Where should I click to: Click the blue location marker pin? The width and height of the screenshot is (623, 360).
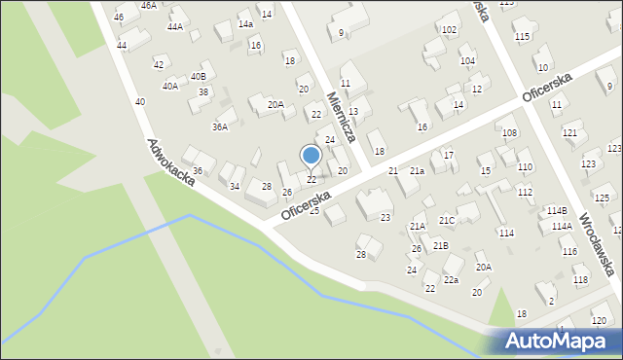pyautogui.click(x=311, y=156)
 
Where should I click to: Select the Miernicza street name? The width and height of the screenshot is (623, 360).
pyautogui.click(x=344, y=117)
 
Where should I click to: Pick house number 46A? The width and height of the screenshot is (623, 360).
pyautogui.click(x=148, y=5)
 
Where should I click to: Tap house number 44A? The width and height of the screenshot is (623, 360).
pyautogui.click(x=174, y=26)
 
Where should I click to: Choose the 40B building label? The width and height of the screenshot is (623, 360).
pyautogui.click(x=198, y=76)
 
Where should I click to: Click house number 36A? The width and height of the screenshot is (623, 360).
pyautogui.click(x=220, y=126)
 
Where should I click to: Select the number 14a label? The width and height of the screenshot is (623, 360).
pyautogui.click(x=245, y=24)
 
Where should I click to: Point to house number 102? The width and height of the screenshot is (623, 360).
pyautogui.click(x=448, y=30)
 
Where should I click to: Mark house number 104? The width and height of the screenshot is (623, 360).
pyautogui.click(x=467, y=61)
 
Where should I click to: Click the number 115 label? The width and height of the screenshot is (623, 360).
pyautogui.click(x=523, y=37)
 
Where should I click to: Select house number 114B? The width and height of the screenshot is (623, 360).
pyautogui.click(x=556, y=210)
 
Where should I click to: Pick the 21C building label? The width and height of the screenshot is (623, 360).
pyautogui.click(x=446, y=221)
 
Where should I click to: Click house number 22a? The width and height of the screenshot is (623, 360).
pyautogui.click(x=451, y=280)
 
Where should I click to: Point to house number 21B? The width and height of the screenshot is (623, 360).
pyautogui.click(x=440, y=246)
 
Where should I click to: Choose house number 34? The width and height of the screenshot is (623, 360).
pyautogui.click(x=234, y=186)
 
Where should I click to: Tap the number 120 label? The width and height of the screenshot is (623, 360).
pyautogui.click(x=598, y=320)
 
